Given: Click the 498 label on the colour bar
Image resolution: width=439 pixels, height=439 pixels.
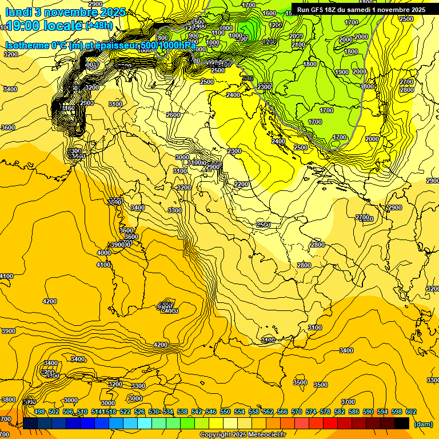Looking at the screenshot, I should click(x=39, y=412).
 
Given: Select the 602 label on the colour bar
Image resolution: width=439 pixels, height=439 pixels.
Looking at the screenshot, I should click(x=410, y=412).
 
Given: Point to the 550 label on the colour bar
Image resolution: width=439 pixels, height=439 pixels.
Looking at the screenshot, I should click(x=225, y=412).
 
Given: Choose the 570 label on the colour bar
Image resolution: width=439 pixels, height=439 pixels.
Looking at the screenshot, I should click(x=297, y=412).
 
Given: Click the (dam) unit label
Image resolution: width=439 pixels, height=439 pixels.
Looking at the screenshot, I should click(x=423, y=424).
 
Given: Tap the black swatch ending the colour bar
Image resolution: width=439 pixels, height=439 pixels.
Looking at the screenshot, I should click(x=401, y=423).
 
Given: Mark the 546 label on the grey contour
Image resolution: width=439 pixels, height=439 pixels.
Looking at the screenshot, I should click(x=248, y=78).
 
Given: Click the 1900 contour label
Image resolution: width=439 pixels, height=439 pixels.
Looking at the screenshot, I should click(x=342, y=72).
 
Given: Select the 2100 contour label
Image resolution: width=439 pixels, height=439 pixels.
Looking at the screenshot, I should click(x=298, y=45).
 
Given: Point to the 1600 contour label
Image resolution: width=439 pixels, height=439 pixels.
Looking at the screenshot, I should click(x=269, y=13).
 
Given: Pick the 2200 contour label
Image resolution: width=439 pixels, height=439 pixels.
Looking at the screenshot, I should click(x=241, y=184).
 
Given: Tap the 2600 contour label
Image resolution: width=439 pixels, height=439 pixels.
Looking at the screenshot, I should click(x=173, y=115).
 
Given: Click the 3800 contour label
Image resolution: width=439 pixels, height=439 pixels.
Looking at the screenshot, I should click(x=8, y=400).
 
